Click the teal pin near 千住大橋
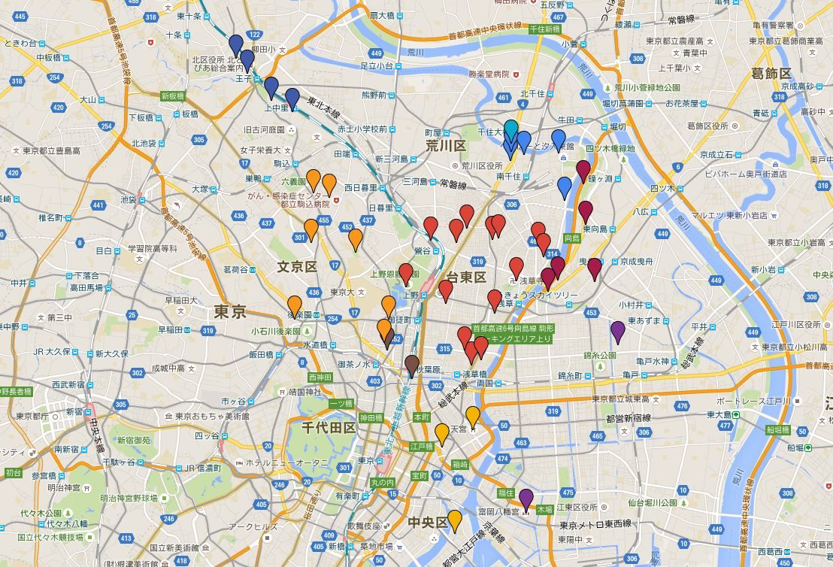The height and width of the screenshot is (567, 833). click(511, 129)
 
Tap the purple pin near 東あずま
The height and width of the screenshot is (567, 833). click(618, 330)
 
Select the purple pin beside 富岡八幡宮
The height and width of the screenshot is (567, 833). click(526, 498)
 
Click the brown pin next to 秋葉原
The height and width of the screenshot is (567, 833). click(412, 365)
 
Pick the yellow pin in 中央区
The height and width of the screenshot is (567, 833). click(455, 520)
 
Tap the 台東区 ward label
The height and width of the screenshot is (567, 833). click(466, 277)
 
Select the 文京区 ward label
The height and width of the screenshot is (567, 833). click(297, 267)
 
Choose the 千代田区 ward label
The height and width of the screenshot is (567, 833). click(329, 427)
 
